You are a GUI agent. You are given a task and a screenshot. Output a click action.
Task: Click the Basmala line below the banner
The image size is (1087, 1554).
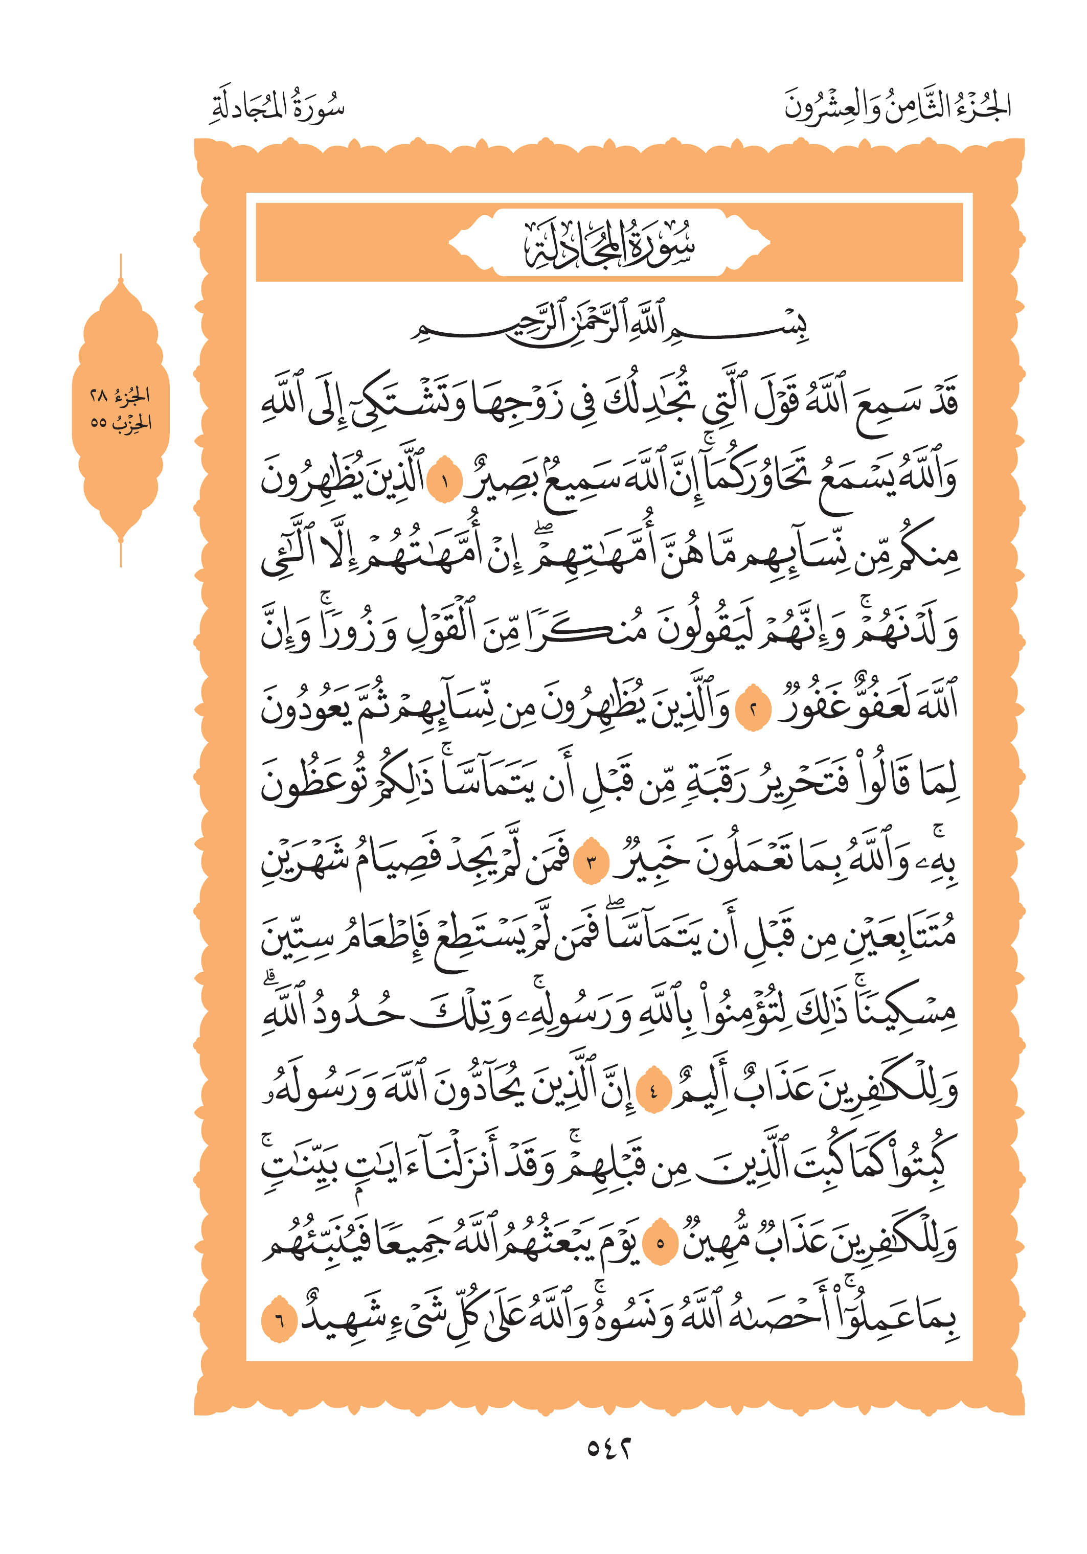[x=609, y=324]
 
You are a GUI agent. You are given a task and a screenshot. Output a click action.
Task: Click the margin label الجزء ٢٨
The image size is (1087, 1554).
[x=121, y=394]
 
